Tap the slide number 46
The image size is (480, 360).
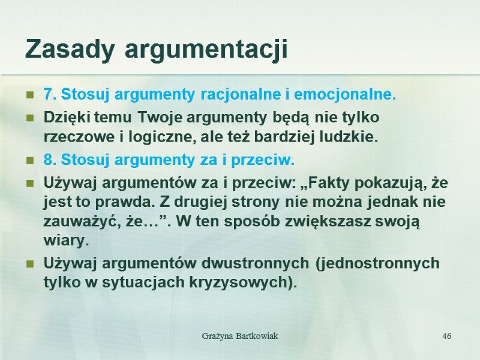point(446,335)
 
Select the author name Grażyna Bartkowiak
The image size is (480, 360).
point(239,335)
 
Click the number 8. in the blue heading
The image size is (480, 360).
point(50,160)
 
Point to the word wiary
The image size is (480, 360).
point(65,241)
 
